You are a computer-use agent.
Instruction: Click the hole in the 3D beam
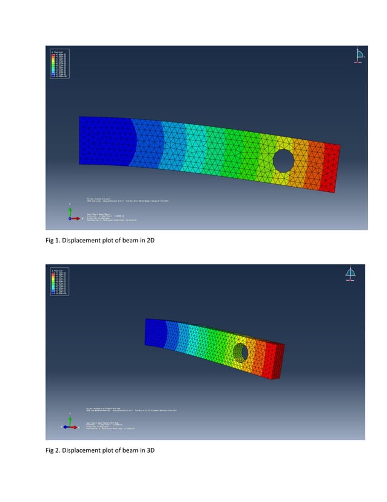click(x=241, y=351)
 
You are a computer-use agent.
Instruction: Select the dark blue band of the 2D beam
click(x=103, y=141)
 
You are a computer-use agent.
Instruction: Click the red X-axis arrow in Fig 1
click(x=77, y=218)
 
